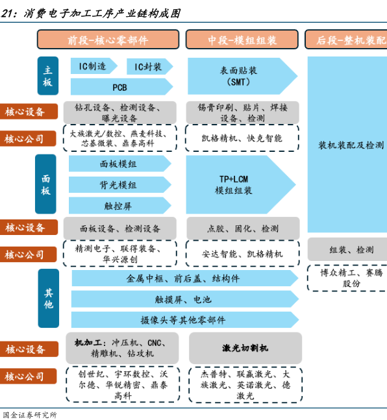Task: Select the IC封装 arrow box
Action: coord(149,66)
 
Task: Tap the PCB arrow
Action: coord(121,87)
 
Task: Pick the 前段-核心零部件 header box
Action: coord(108,40)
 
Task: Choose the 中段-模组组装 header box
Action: coord(242,40)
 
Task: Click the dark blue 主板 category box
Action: coord(47,76)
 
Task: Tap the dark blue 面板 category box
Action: coord(45,184)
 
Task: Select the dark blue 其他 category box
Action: coord(49,299)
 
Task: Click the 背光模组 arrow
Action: coord(119,184)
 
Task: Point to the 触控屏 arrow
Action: coord(119,206)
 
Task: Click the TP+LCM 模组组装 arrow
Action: coord(241,184)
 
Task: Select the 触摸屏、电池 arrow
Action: coord(185,299)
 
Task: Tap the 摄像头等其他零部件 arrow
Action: coord(185,320)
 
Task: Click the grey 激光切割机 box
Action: coord(245,348)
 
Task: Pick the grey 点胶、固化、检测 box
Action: coord(243,229)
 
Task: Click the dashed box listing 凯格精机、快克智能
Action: coord(242,138)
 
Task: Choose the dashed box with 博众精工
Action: coord(347,278)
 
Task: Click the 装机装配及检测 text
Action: coord(351,145)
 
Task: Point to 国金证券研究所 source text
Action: coord(29,415)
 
